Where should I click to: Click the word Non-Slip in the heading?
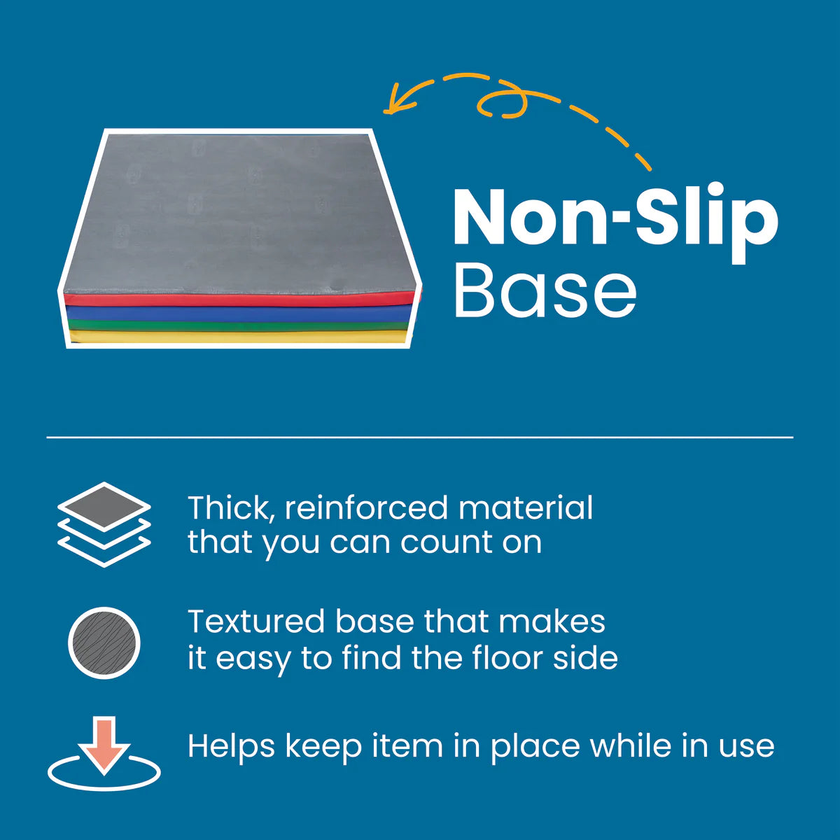tap(615, 223)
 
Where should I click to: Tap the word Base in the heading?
tap(545, 290)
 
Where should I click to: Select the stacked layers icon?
tap(104, 524)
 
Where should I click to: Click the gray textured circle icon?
tap(104, 643)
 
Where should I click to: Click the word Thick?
tap(232, 507)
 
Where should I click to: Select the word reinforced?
tap(366, 507)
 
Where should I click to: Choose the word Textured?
tap(257, 621)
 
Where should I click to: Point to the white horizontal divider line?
tap(420, 437)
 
